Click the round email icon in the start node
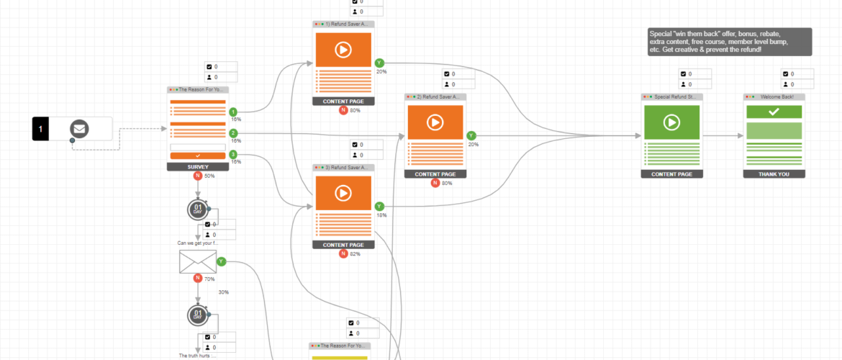(x=79, y=130)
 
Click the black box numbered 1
(x=41, y=130)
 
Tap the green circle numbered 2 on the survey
(x=233, y=133)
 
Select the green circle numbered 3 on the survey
(x=233, y=154)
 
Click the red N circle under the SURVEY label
(x=197, y=176)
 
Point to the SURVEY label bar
(x=197, y=166)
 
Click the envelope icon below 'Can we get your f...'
(x=197, y=262)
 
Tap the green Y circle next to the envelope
(x=221, y=261)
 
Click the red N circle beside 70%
(x=197, y=278)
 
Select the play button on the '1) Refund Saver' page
(x=343, y=50)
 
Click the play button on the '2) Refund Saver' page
(x=435, y=122)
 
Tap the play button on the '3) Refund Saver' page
(x=343, y=194)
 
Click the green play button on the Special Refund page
(x=671, y=122)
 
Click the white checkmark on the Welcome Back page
(x=774, y=112)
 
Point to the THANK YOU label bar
(x=774, y=174)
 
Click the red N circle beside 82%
(x=343, y=253)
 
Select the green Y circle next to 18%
(x=379, y=207)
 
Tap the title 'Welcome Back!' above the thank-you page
(x=777, y=96)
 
